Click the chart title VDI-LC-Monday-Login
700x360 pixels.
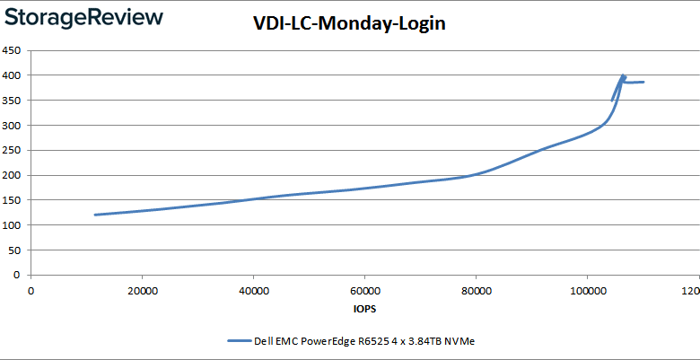tap(349, 23)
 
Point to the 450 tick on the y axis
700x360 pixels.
tap(13, 50)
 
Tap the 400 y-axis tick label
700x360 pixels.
tap(13, 75)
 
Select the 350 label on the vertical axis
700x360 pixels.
tap(13, 101)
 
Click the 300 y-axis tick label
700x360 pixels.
tap(13, 126)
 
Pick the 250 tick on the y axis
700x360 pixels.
tap(13, 151)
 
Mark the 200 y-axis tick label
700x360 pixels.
tap(13, 175)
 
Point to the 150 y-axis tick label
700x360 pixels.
tap(13, 200)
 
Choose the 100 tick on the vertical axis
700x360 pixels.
tap(13, 225)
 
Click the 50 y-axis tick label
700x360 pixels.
tap(15, 250)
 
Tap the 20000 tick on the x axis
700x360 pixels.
tap(143, 291)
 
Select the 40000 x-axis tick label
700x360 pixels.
tap(254, 291)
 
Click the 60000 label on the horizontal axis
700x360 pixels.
tap(364, 291)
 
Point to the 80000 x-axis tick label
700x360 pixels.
tap(476, 291)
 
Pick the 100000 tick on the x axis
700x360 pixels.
tap(587, 291)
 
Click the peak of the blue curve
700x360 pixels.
tap(623, 76)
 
